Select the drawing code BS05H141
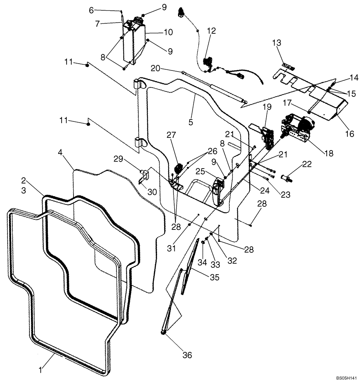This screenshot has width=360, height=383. [x=346, y=377]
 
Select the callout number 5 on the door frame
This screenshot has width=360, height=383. [x=191, y=123]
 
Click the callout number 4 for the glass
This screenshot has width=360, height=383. [x=60, y=152]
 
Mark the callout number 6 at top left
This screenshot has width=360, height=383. [x=91, y=11]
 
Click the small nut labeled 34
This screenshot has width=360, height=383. [x=203, y=254]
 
